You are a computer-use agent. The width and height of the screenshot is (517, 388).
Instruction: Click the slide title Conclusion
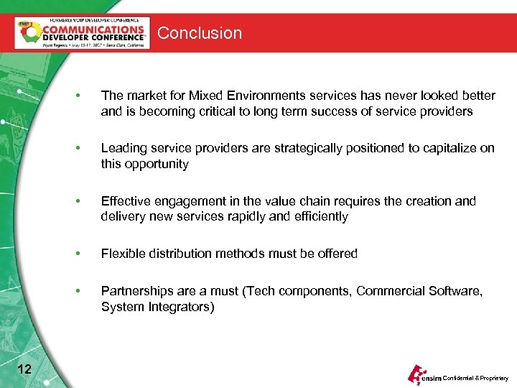[200, 33]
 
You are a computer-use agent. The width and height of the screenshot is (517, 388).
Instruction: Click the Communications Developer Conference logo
[83, 33]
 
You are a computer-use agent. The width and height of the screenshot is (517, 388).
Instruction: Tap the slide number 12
[24, 369]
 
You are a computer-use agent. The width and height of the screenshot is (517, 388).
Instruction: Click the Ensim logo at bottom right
[424, 375]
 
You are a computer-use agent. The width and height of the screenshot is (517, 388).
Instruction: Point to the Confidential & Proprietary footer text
[475, 378]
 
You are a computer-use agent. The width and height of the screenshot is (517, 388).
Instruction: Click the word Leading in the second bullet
[123, 148]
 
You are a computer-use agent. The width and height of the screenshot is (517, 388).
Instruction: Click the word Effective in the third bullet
[126, 201]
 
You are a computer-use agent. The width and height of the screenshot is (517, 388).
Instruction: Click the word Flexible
[124, 254]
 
